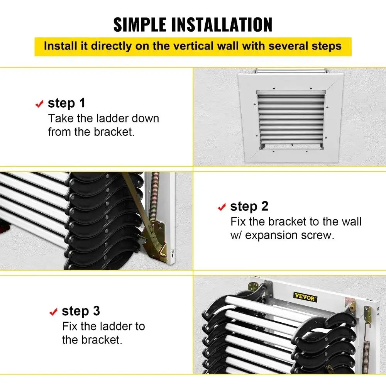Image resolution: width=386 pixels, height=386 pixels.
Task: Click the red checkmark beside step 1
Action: pyautogui.click(x=39, y=104)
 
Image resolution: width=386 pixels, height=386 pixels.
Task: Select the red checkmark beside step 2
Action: pyautogui.click(x=222, y=207)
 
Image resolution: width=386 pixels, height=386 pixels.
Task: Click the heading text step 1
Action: pyautogui.click(x=66, y=103)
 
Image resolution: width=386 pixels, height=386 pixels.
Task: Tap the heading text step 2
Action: pyautogui.click(x=249, y=206)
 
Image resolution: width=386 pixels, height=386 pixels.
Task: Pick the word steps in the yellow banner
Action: pyautogui.click(x=327, y=46)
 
